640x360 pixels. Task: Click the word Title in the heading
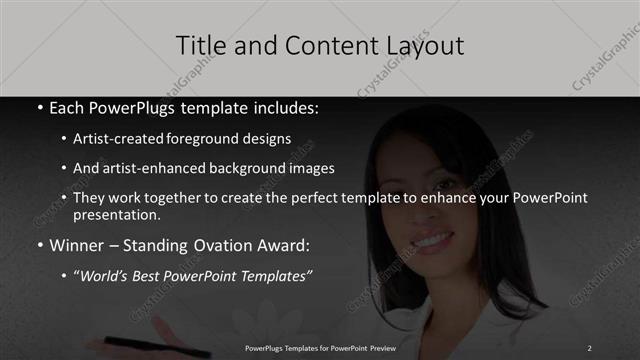click(x=197, y=45)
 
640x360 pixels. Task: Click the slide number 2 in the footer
click(x=589, y=347)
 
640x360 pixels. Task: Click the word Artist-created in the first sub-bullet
click(x=119, y=138)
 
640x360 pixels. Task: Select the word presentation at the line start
click(x=116, y=214)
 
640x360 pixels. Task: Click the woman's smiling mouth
click(x=433, y=241)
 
